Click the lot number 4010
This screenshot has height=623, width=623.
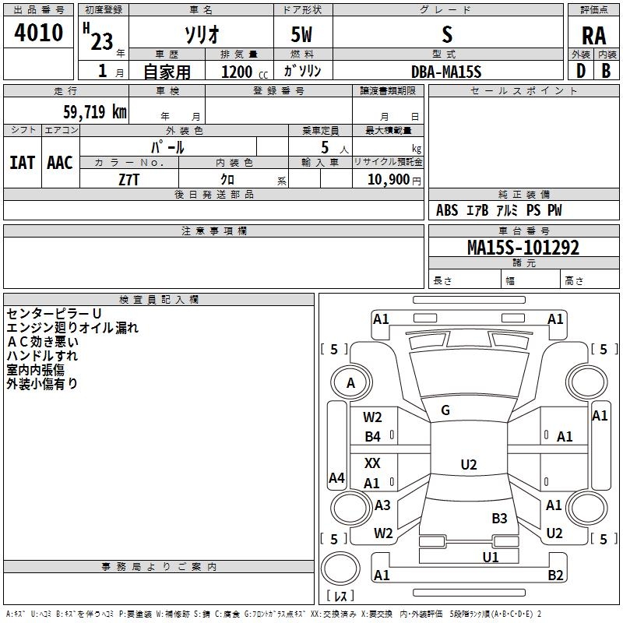pos(38,33)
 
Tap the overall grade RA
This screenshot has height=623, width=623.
pos(593,36)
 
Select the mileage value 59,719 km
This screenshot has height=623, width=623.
pos(95,112)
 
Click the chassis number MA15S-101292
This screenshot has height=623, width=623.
pos(523,248)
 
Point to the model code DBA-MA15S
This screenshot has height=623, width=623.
pos(446,72)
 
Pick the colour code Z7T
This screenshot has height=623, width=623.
pos(129,180)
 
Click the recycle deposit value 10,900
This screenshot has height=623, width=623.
pos(389,180)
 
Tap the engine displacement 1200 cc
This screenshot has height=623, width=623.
pos(245,72)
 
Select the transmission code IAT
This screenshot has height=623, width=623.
pos(22,163)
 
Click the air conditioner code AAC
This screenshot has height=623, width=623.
pos(60,163)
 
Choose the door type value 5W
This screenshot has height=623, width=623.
pos(301,34)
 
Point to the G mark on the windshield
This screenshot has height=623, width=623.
pos(445,410)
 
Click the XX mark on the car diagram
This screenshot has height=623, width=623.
pos(372,463)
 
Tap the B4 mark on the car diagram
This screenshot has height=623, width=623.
pos(373,437)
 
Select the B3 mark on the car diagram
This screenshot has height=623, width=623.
pos(499,518)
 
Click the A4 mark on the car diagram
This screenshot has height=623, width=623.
pos(336,477)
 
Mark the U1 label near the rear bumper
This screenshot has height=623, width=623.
pos(491,557)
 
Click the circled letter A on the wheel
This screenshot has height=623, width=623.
pos(350,383)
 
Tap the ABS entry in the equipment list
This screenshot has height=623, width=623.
pos(447,210)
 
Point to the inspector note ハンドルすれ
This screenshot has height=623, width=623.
pos(42,356)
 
